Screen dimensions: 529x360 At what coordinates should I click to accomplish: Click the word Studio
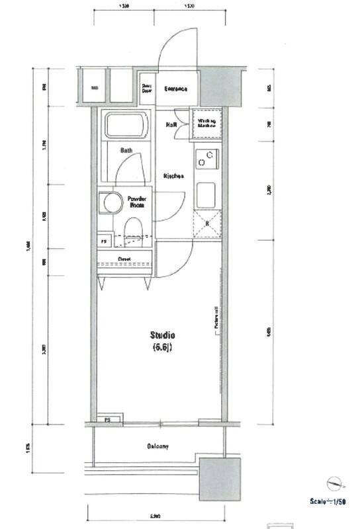[162, 335]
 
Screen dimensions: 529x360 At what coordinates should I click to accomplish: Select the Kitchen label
[173, 176]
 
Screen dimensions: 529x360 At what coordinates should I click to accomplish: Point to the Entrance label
[176, 89]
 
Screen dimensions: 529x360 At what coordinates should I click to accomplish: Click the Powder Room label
[138, 202]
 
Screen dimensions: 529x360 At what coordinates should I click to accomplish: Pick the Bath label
[126, 151]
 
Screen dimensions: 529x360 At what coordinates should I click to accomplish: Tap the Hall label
[170, 124]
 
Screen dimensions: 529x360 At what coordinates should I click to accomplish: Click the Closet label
[124, 259]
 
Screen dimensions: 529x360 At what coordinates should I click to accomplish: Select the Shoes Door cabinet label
[146, 89]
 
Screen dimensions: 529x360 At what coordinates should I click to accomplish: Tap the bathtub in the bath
[126, 126]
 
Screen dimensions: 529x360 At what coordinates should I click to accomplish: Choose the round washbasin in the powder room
[111, 203]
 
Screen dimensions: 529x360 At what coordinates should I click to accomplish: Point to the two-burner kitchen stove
[206, 159]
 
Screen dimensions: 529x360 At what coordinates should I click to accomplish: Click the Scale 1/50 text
[328, 502]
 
